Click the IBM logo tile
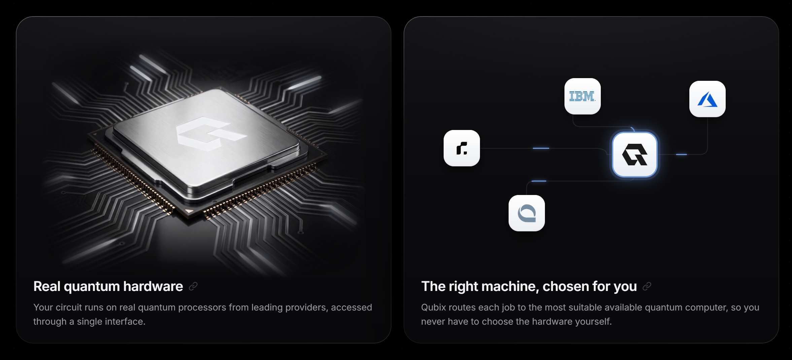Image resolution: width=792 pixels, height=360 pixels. coord(582,96)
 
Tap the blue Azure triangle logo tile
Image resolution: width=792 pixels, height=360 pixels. coord(707,99)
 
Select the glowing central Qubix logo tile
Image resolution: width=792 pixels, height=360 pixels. coord(634,155)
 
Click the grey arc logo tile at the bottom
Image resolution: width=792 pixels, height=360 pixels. coord(526,213)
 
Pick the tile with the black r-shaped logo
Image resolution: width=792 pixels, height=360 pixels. coord(461,148)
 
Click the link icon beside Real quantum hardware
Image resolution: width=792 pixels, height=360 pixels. coord(193,287)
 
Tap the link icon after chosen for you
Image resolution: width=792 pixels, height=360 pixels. coord(647,287)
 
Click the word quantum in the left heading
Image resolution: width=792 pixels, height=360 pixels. coord(92,287)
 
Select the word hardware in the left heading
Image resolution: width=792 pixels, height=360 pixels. coord(153,286)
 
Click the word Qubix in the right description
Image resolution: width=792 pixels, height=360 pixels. coord(434,307)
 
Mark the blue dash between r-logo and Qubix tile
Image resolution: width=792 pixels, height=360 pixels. coord(541,148)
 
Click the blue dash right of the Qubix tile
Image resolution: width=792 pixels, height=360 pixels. coord(681,155)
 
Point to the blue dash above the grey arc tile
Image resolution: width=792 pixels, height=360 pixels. coord(539,181)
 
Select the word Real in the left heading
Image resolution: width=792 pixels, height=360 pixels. coord(47,286)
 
